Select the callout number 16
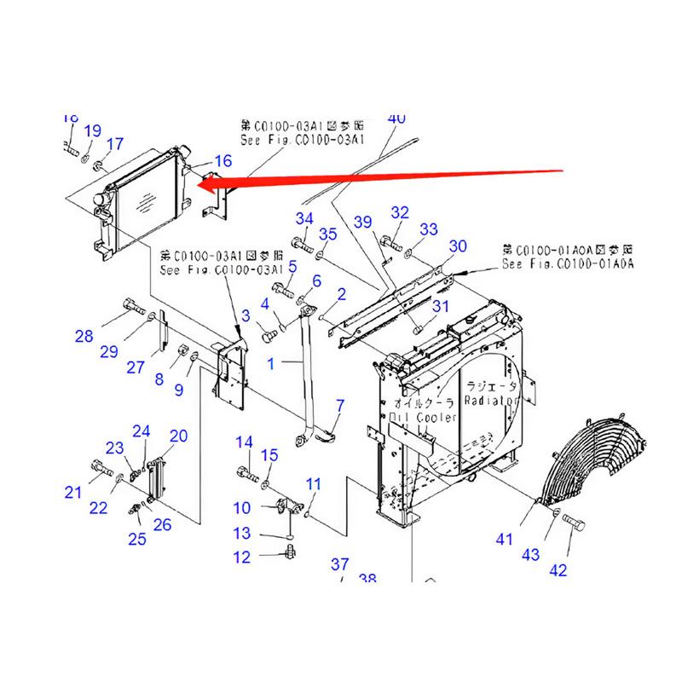coord(223,160)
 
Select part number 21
coord(73,491)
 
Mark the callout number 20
coord(178,436)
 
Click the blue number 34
coord(305,219)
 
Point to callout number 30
coord(458,246)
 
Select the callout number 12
coord(243,558)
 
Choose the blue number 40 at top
coord(396,118)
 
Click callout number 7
coord(339,405)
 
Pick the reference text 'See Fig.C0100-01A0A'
coord(567,264)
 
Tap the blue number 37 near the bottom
coord(340,564)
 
